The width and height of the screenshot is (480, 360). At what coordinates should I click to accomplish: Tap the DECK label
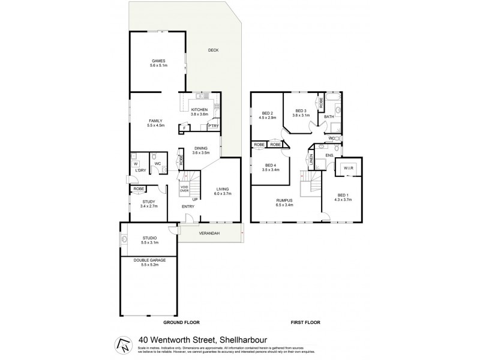tap(213, 50)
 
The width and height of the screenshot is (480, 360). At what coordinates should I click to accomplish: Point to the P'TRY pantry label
tap(212, 127)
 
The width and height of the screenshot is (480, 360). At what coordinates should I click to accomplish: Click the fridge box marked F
tap(185, 128)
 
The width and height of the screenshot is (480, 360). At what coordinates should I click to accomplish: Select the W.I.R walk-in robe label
tap(348, 169)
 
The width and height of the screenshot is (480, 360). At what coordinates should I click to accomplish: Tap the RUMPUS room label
tap(284, 202)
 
